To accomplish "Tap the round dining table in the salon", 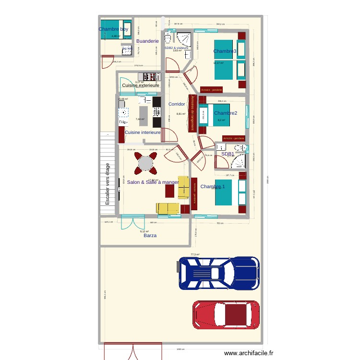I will [145, 164].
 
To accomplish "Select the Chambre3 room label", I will [225, 51].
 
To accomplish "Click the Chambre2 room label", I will [226, 113].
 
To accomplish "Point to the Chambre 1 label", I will [213, 186].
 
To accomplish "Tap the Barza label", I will [150, 236].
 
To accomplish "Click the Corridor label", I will [177, 104].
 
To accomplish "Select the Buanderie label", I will [147, 41].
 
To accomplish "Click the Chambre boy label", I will [114, 29].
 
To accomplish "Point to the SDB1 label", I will [228, 154].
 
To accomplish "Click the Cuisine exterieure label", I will [141, 85].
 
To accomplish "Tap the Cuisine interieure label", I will [143, 132].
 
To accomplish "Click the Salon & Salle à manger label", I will [153, 182].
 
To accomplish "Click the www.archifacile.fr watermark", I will [248, 353].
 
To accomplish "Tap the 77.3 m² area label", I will [195, 254].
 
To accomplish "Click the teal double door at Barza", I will [133, 222].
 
